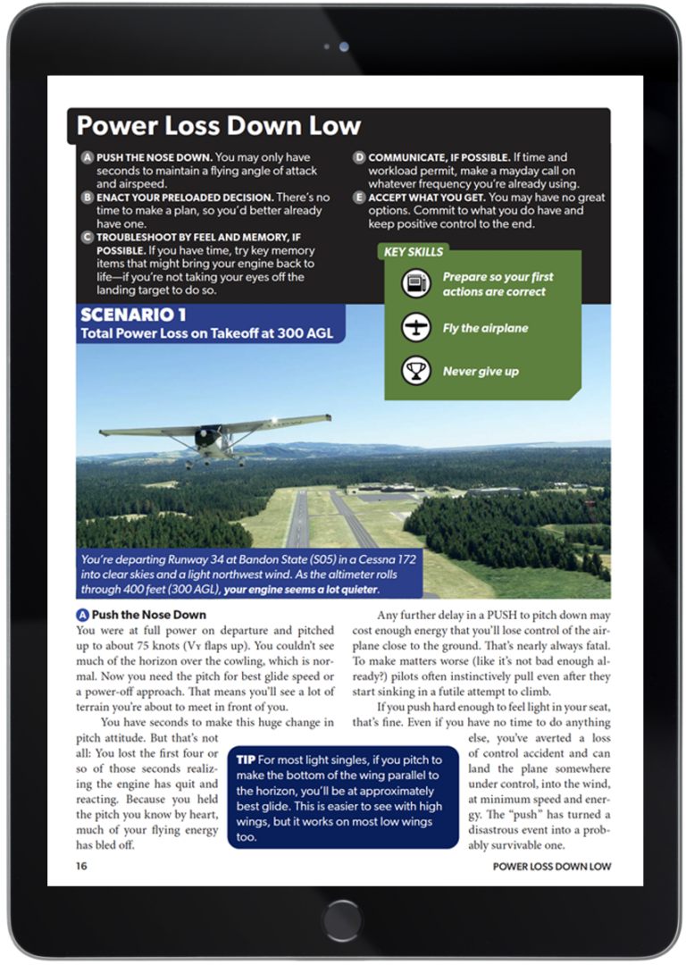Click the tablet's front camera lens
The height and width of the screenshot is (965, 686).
point(344,46)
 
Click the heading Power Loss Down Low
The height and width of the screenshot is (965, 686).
point(219,126)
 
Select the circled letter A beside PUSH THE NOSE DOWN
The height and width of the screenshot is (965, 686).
point(88,156)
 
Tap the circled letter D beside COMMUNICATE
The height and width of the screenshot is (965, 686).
point(359,156)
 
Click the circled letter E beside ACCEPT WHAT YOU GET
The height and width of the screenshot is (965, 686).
point(359,197)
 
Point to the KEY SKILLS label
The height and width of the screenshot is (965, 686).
point(414,252)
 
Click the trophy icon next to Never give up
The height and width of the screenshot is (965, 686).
point(416,371)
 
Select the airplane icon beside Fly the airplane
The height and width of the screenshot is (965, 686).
point(416,328)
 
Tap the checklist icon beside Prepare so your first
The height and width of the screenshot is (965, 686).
point(416,284)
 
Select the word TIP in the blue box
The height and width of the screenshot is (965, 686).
point(246,759)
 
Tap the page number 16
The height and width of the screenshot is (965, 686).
point(81,866)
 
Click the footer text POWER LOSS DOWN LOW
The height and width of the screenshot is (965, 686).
point(551,866)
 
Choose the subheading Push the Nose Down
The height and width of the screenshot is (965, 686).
point(148,615)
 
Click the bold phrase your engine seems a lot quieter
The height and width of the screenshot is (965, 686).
point(302,590)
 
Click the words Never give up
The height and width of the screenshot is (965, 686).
point(481,371)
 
